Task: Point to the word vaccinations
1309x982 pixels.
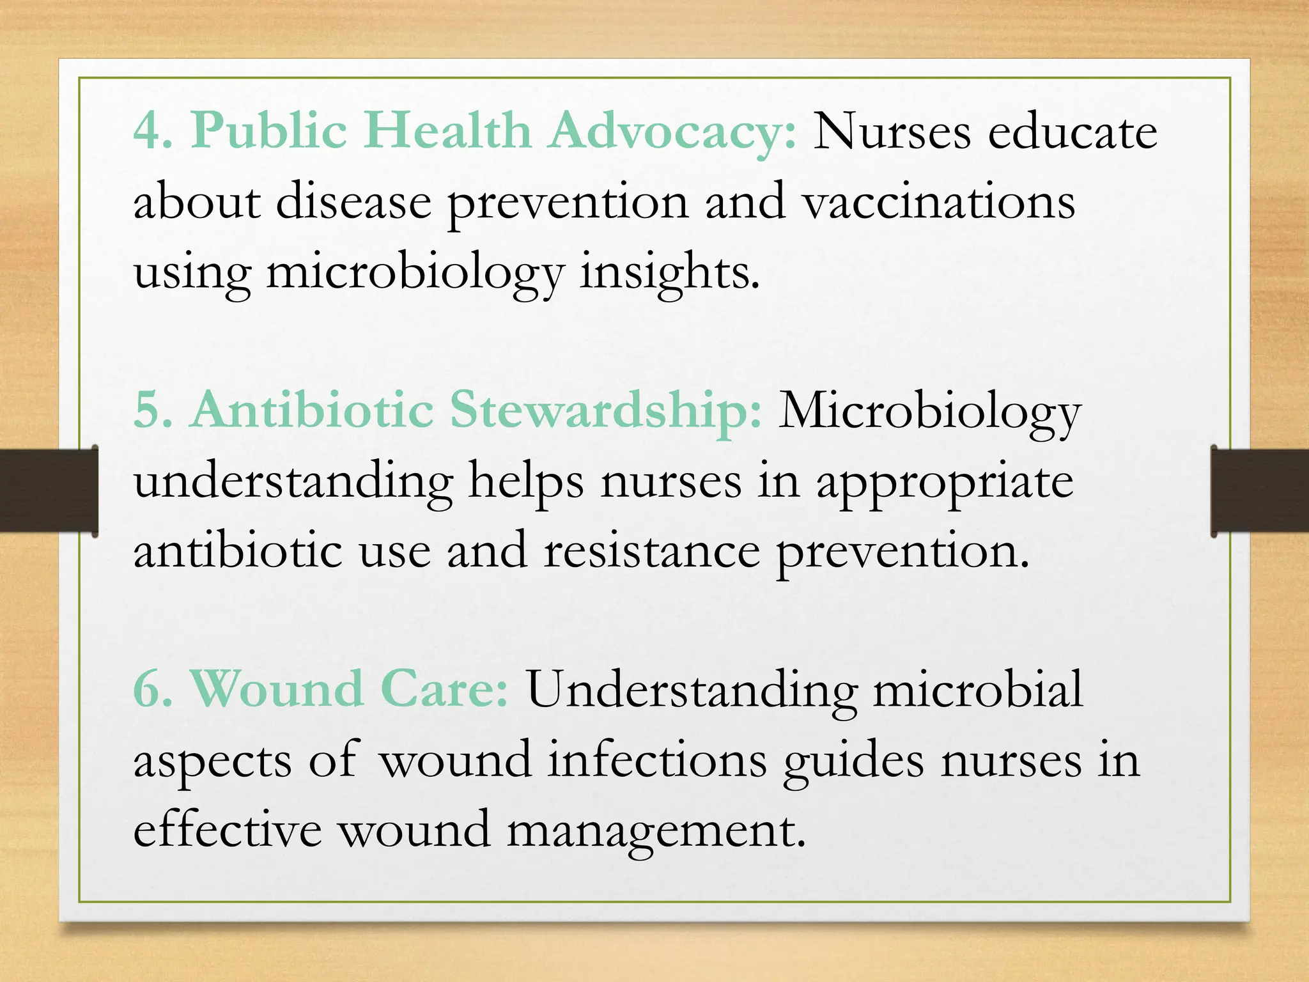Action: [x=939, y=202]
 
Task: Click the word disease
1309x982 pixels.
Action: [x=354, y=202]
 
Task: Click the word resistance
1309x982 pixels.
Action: [x=652, y=551]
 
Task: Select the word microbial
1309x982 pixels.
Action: [x=978, y=690]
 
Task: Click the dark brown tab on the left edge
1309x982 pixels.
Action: [x=49, y=490]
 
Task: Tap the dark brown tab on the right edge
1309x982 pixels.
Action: [x=1260, y=490]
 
